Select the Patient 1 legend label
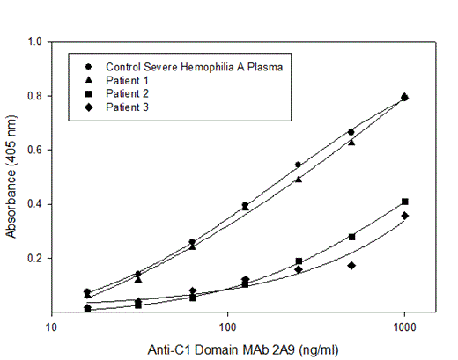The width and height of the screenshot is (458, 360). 127,79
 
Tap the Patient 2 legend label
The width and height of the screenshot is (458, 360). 127,92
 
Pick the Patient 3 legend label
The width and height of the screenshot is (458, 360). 127,106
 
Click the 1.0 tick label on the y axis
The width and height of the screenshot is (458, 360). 35,41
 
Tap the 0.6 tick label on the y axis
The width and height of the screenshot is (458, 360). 35,150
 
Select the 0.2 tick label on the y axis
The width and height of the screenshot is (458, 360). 35,258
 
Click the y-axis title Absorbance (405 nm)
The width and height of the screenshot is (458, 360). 12,176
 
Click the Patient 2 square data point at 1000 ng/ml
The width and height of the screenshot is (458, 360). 404,202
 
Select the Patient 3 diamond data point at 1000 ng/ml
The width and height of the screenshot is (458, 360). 404,216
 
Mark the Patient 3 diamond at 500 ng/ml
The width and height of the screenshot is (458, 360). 351,265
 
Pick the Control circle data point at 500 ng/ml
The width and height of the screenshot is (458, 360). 351,132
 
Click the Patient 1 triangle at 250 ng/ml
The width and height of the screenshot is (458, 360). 299,179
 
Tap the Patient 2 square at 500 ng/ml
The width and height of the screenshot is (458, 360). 351,237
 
